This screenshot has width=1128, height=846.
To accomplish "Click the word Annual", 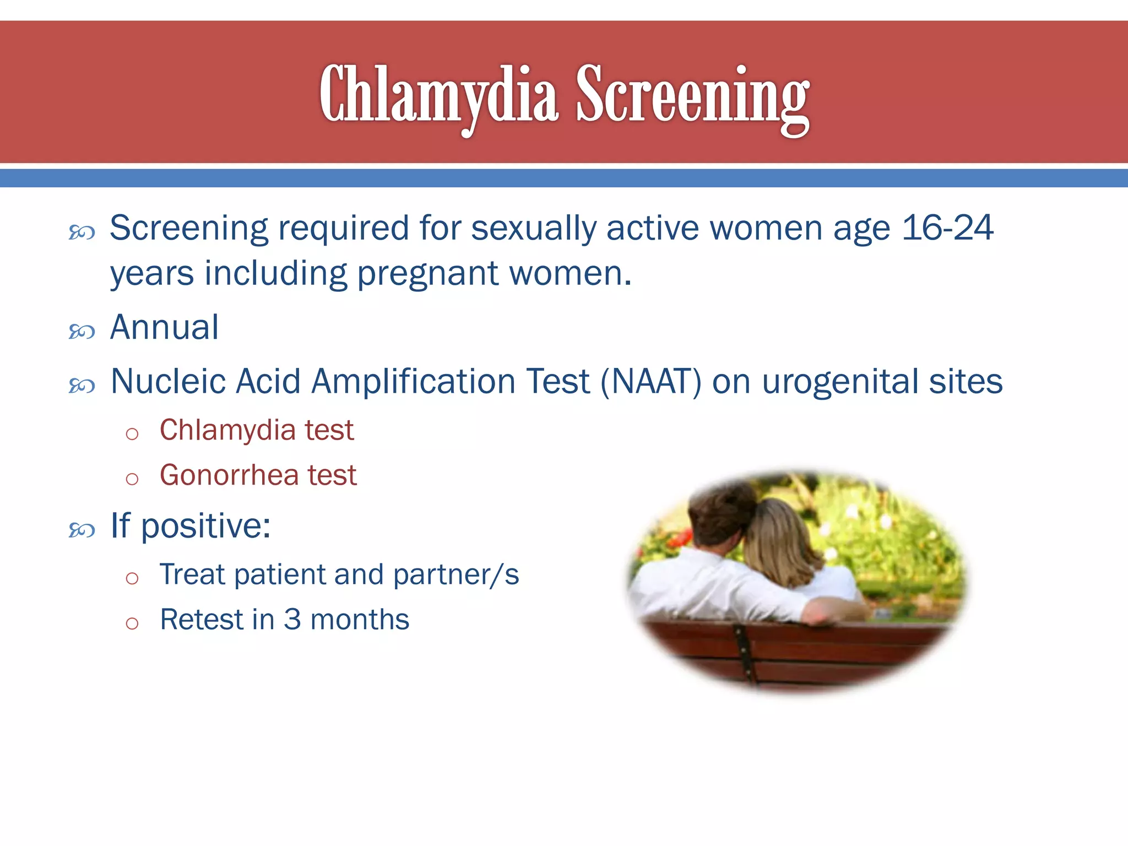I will pos(164,327).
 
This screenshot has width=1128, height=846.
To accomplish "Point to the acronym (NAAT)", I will pos(651,381).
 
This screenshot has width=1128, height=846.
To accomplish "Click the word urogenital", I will pos(840,382).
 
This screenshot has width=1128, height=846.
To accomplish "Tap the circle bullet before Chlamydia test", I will pos(132,434).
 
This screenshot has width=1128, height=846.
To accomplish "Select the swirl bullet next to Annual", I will pos(82,332).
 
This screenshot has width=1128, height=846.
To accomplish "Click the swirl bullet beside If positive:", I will pos(82,530).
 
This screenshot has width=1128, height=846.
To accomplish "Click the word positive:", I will pos(205,526).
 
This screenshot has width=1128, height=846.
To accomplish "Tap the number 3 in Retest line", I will pos(292,620).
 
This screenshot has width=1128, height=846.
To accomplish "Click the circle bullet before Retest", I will pos(132,623).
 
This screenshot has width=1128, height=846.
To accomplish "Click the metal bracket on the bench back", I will pos(744,650).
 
